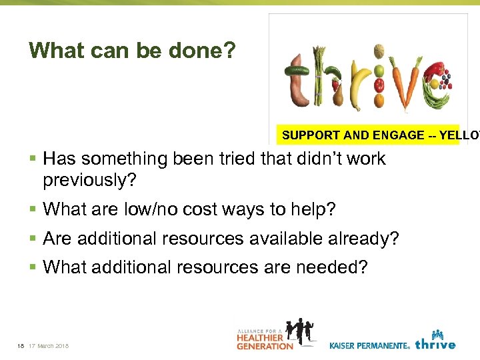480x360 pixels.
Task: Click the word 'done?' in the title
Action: tap(202, 51)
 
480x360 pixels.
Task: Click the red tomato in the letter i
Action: tap(378, 85)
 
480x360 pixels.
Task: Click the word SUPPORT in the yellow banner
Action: tap(311, 135)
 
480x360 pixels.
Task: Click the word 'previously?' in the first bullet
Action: tap(89, 181)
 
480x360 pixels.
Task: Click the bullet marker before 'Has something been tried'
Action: tap(33, 159)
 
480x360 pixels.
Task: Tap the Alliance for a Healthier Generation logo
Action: tap(276, 335)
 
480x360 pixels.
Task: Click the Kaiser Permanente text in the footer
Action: tap(369, 345)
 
